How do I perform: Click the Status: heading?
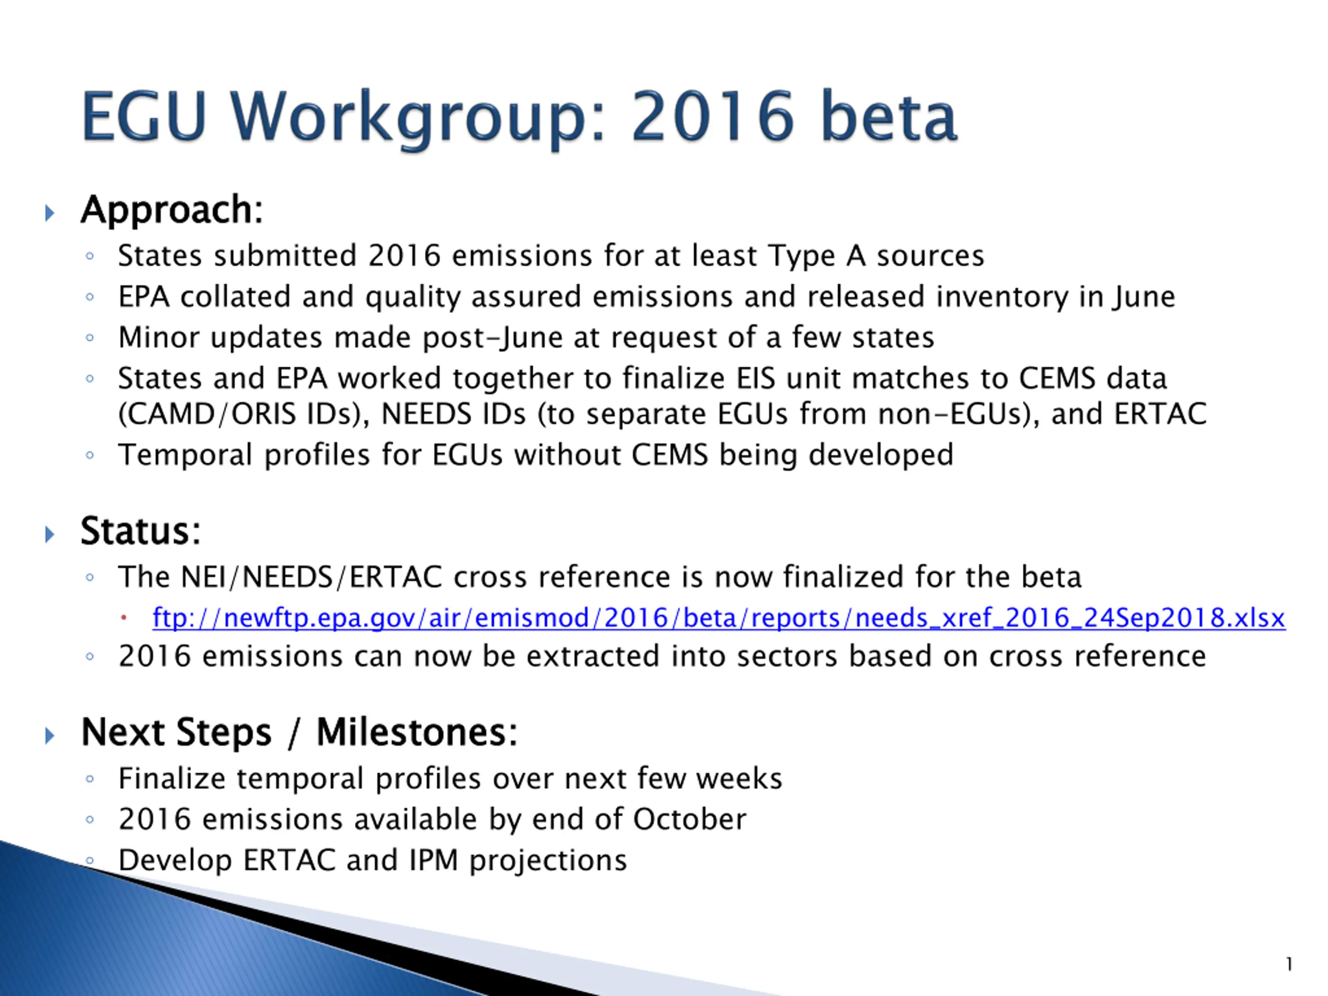coord(141,531)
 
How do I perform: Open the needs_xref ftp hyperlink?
coord(718,618)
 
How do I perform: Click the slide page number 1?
coord(1289,964)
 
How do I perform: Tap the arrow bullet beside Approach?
coord(50,213)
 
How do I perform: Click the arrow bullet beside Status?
coord(50,534)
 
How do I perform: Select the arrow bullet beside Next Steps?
coord(50,736)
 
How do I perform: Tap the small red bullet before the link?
coord(123,618)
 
